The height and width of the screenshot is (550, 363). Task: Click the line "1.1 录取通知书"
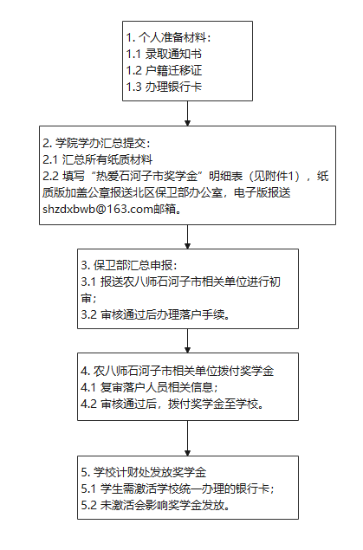[164, 54]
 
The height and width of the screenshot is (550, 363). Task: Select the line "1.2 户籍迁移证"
[164, 70]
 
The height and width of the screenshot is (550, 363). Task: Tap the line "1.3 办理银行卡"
[164, 87]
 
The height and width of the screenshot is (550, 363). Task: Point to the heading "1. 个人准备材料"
[168, 37]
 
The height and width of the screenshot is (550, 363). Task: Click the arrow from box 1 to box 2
[188, 113]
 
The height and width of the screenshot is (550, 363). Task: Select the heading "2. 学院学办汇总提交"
[96, 143]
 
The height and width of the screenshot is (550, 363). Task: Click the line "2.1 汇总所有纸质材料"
[98, 159]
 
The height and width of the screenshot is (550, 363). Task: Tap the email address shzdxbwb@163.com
[98, 209]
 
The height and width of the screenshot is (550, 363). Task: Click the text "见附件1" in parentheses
[274, 176]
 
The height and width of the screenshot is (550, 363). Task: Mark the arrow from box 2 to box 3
[188, 236]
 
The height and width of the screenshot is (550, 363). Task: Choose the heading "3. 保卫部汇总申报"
[129, 265]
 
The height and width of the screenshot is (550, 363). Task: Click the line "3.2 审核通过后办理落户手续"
[155, 314]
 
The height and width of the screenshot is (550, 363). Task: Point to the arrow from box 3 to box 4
[188, 340]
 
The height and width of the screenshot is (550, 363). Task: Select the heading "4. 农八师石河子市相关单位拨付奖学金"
[178, 371]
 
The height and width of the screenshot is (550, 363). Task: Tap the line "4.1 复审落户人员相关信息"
[150, 387]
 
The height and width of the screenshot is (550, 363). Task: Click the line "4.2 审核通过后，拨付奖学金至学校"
[172, 404]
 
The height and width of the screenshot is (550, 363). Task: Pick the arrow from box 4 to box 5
[188, 438]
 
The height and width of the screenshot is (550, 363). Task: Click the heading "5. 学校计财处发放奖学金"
[144, 473]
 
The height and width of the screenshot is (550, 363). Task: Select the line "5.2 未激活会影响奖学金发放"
[155, 506]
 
